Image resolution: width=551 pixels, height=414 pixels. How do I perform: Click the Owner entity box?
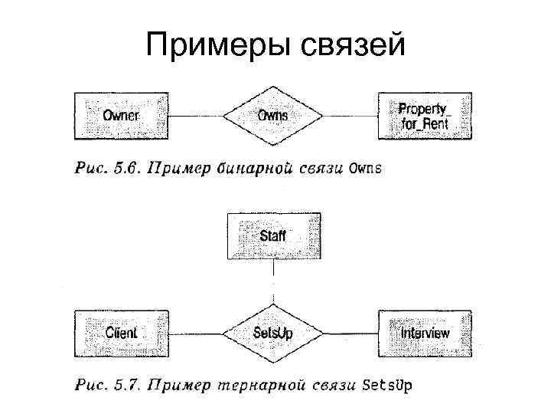click(x=121, y=116)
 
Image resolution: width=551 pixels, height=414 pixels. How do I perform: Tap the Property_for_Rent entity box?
click(x=425, y=116)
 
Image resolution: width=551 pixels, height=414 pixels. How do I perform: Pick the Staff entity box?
click(x=273, y=235)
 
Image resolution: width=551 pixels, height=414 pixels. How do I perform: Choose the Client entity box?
click(x=121, y=333)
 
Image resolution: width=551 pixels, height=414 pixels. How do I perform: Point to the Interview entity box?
click(x=425, y=333)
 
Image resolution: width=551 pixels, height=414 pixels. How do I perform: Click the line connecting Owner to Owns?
click(x=195, y=116)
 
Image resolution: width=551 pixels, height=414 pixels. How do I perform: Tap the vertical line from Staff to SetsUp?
click(x=273, y=284)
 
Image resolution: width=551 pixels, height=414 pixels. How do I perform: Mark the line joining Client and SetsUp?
click(x=195, y=333)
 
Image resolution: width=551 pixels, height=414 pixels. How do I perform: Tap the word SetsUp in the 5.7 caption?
click(x=387, y=385)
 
